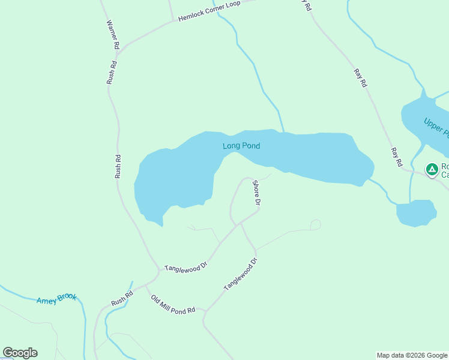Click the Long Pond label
point(241,146)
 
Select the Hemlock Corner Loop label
point(209,11)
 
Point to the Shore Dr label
point(256,193)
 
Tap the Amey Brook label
point(56,299)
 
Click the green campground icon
point(432,169)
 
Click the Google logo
point(20,353)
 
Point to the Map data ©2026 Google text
point(412,355)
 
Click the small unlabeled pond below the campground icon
point(416,213)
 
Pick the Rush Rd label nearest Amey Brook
point(121,298)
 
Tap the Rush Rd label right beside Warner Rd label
point(111,73)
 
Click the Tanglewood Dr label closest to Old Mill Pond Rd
point(240,275)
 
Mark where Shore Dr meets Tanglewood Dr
point(240,223)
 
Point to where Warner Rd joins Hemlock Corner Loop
point(119,52)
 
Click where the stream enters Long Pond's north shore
point(283,131)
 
